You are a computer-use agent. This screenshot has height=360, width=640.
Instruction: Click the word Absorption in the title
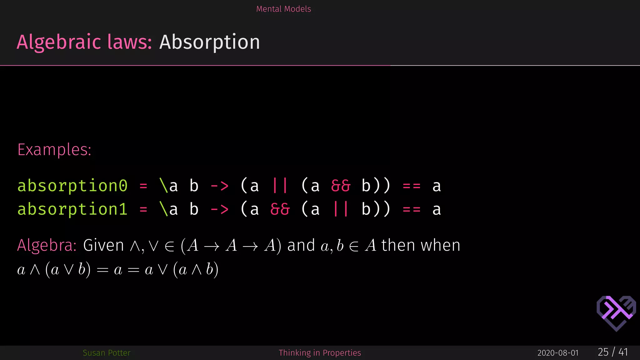coord(209,42)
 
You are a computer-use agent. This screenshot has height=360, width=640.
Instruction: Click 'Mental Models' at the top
coord(283,9)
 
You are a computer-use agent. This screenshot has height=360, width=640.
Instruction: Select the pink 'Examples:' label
coord(54,150)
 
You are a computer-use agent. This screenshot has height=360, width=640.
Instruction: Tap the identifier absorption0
coord(72,186)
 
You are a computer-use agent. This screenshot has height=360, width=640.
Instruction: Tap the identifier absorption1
coord(72,209)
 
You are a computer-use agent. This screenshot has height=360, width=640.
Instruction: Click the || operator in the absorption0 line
coord(280,186)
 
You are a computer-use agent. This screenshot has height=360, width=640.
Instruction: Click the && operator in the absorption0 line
coord(341,186)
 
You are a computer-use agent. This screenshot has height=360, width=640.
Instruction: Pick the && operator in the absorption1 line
coord(280,209)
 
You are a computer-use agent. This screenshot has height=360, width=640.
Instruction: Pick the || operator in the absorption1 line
coord(341,209)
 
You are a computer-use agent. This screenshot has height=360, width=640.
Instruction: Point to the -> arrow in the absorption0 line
coord(219,186)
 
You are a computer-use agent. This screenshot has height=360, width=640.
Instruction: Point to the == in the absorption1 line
coord(412,209)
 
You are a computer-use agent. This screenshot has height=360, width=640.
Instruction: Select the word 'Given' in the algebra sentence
coord(103,245)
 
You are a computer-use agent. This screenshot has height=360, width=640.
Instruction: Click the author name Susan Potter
coord(107,353)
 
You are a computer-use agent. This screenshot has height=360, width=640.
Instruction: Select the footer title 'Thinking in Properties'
coord(320,353)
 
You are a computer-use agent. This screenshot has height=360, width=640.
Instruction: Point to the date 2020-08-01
coord(558,353)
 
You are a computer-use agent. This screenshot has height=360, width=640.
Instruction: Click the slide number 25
coord(603,352)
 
